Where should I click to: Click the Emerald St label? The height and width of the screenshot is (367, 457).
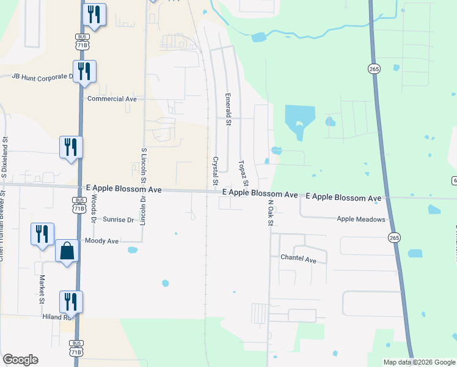[228, 109]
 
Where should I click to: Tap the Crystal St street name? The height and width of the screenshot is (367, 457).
[215, 171]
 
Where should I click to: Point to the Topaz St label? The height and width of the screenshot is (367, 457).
[244, 174]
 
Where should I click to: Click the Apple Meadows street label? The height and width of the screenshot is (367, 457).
[361, 219]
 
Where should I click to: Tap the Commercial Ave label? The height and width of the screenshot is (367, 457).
[112, 98]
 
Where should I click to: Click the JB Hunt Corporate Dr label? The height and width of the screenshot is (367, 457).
[43, 76]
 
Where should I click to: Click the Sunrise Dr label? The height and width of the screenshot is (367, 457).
[118, 220]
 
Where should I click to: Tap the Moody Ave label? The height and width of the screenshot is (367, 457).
[102, 241]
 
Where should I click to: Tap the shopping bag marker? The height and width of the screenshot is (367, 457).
[67, 251]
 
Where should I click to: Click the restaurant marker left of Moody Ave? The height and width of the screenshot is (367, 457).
[42, 234]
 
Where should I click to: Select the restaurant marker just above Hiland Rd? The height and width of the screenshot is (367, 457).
[71, 302]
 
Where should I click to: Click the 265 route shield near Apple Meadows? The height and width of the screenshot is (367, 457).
[394, 237]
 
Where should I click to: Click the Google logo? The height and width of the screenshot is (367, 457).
[20, 360]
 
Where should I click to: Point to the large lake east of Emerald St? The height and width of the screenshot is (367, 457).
[299, 117]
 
